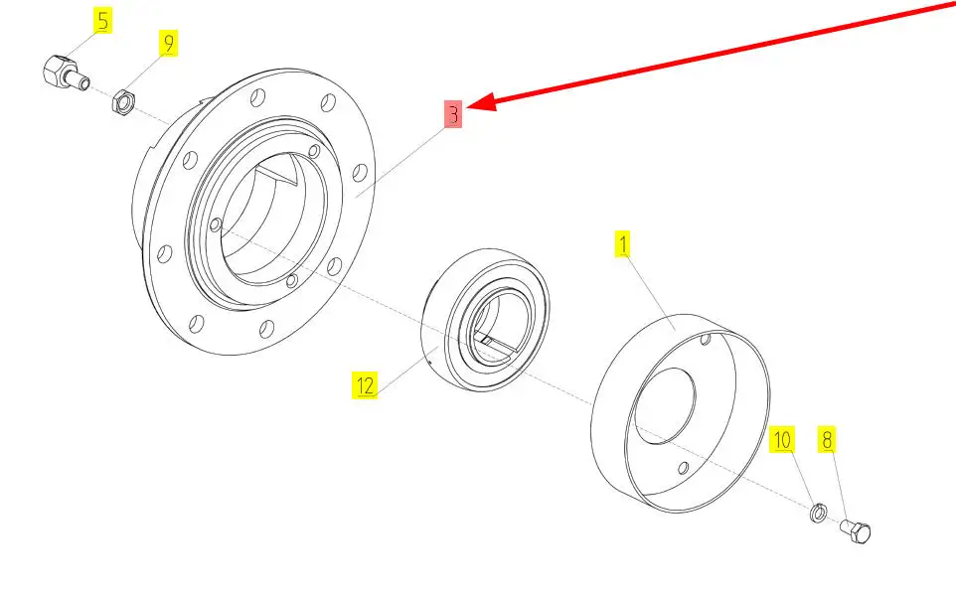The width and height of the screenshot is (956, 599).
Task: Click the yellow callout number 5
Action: [x=102, y=20]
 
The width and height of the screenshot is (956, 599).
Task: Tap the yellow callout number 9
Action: [x=168, y=43]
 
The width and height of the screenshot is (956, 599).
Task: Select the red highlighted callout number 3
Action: [x=453, y=114]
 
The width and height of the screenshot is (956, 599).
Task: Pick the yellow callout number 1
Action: [x=622, y=244]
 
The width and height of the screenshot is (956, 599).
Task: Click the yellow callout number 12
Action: [x=365, y=385]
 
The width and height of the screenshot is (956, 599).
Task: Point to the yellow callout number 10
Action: [x=782, y=439]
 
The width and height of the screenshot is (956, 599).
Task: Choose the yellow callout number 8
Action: [x=827, y=439]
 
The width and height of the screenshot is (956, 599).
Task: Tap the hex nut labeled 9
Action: [x=122, y=100]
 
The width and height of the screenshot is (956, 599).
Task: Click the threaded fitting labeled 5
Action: [x=66, y=73]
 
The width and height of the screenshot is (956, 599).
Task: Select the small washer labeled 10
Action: [x=818, y=514]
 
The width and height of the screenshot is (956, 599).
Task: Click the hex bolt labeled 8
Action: [x=856, y=530]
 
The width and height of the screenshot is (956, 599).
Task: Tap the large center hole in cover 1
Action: [x=665, y=406]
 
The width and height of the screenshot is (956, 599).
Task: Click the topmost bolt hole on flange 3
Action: [x=258, y=97]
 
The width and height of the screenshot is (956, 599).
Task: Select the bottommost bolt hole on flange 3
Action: [x=266, y=329]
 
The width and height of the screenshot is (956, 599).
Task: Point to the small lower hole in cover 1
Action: [x=684, y=468]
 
